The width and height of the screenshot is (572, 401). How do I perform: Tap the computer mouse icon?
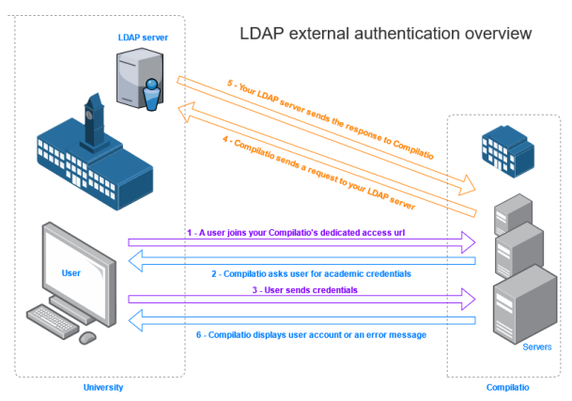pos(87,336)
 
